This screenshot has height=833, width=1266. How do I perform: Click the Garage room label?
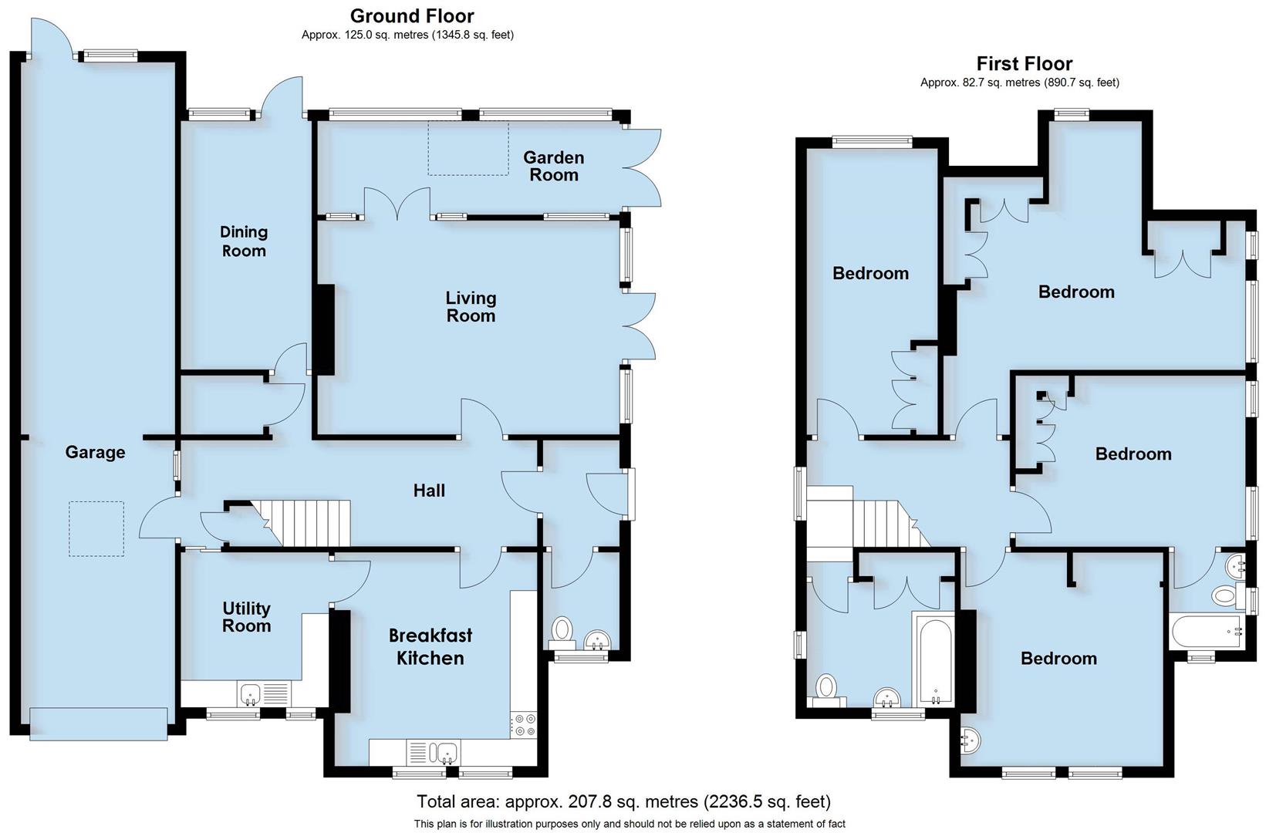click(95, 452)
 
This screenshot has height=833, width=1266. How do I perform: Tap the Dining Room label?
click(244, 241)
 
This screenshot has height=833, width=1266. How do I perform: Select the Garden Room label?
click(553, 166)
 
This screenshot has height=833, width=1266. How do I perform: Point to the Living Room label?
click(471, 306)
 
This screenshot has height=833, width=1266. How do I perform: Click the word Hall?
click(429, 491)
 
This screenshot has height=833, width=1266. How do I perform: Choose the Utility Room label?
click(246, 617)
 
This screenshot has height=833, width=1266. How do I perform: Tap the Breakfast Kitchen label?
click(430, 646)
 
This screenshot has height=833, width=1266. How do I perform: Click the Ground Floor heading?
click(412, 15)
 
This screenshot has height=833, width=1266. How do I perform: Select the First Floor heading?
click(1024, 63)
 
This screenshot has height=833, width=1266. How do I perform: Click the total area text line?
click(623, 801)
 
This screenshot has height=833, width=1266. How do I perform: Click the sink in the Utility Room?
click(252, 693)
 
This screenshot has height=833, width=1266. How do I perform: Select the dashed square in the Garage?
click(96, 528)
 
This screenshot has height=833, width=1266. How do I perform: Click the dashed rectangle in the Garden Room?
click(468, 147)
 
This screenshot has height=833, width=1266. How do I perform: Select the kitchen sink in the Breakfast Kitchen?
click(446, 751)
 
